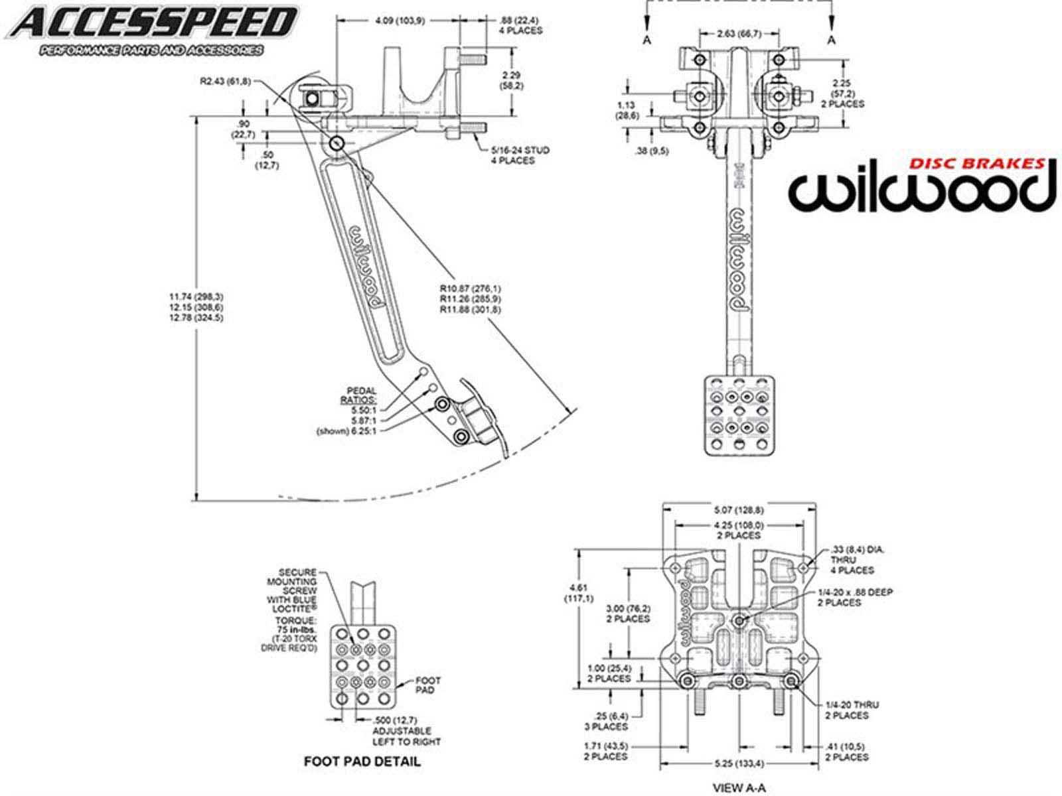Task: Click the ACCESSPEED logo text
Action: (x=154, y=23)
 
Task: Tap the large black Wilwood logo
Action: (x=921, y=191)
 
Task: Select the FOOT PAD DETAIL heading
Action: (x=362, y=761)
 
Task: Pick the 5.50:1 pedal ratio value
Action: (x=364, y=410)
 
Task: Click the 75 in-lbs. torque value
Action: (x=297, y=629)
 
